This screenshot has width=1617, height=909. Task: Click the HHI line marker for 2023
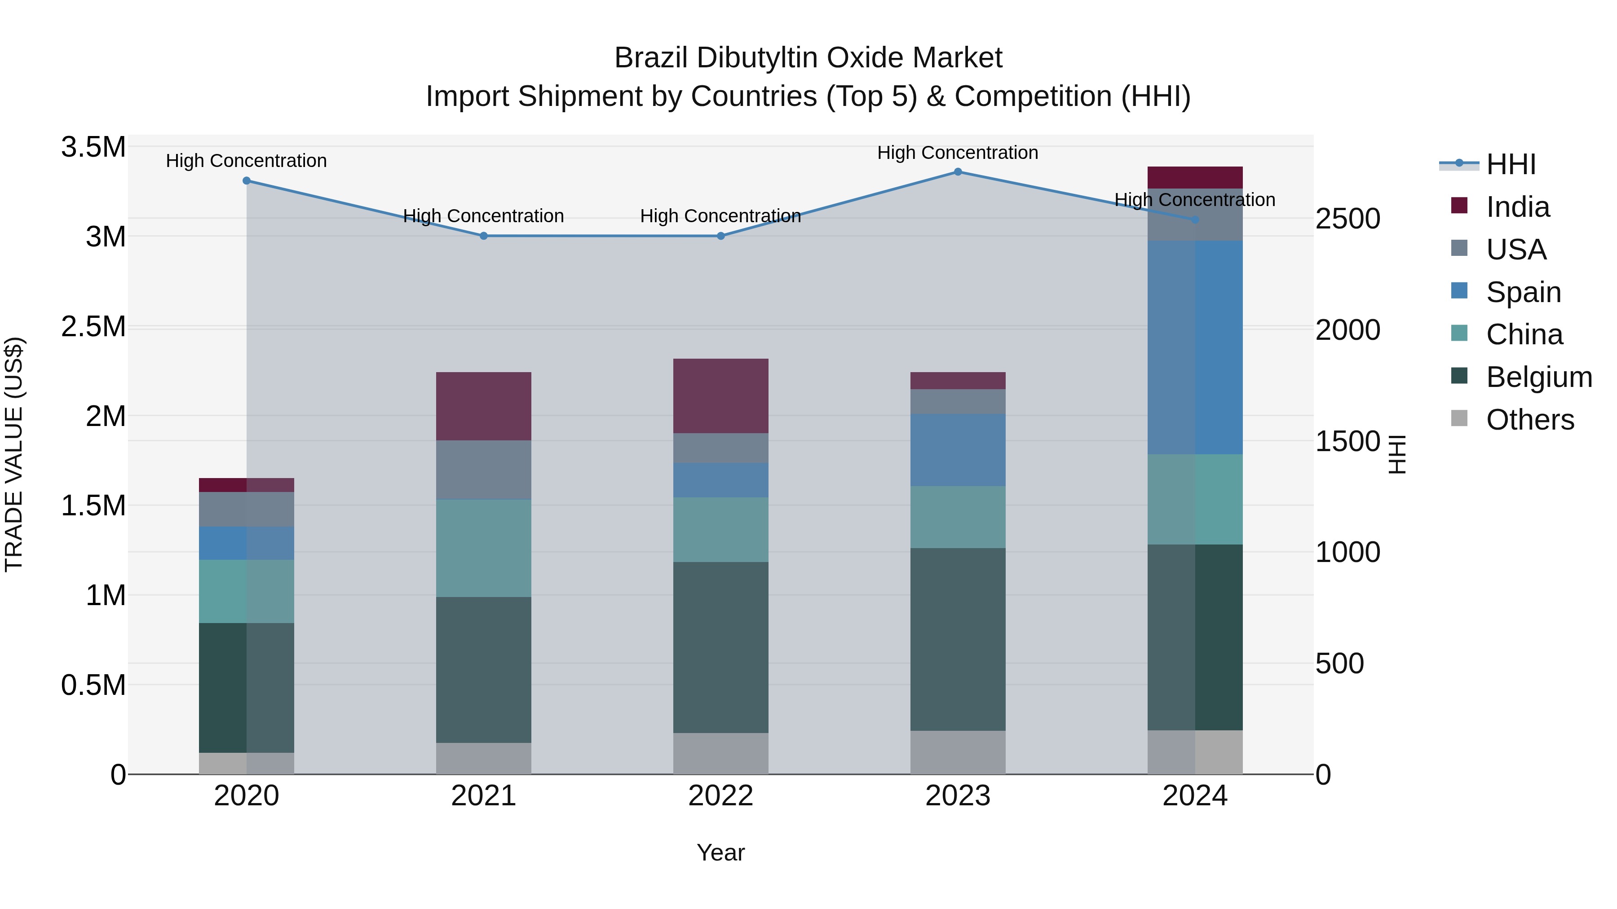[958, 172]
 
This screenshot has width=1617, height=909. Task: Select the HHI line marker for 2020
[247, 180]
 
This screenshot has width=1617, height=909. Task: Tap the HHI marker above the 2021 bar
[483, 236]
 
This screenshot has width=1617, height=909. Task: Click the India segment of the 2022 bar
[720, 396]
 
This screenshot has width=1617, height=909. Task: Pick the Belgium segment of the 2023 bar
[958, 639]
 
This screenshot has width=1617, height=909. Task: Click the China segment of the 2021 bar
[483, 548]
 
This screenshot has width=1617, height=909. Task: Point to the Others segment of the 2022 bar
[720, 753]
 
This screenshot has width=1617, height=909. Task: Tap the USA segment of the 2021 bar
[483, 470]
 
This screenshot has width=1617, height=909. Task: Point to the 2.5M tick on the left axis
[93, 327]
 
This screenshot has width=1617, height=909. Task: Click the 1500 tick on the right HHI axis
[1347, 441]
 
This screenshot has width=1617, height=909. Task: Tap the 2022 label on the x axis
[720, 796]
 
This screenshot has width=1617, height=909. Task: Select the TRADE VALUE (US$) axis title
[14, 454]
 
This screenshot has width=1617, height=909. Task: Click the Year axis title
[720, 852]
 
